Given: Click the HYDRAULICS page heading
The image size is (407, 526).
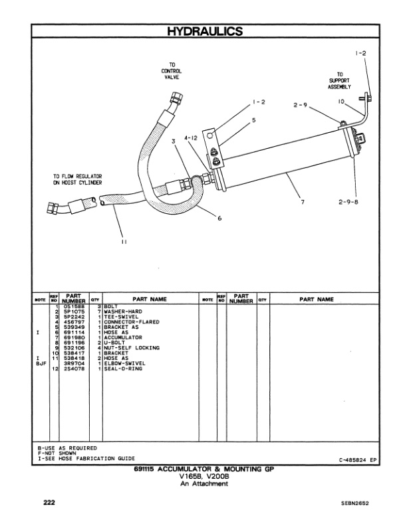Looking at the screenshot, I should [203, 31].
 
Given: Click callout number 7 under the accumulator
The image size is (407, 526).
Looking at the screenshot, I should [303, 202].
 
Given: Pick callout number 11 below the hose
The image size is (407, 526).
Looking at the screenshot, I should [124, 242].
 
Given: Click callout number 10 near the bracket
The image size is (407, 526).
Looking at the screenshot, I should [340, 102].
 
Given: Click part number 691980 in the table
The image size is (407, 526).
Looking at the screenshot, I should [74, 337].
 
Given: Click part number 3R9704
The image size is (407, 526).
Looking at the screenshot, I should [74, 363].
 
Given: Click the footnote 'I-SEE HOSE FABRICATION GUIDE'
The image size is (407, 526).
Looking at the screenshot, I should [86, 458].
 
